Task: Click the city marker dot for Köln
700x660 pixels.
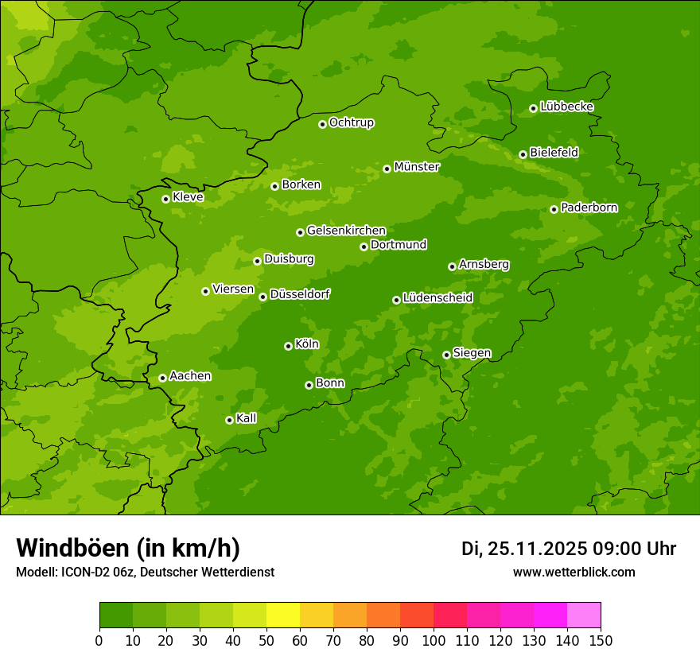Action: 288,346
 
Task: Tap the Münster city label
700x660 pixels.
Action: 417,167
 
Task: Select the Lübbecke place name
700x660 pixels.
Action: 566,107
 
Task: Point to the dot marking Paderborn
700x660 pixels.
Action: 554,209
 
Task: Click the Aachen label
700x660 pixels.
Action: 190,376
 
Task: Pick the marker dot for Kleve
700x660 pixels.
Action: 165,199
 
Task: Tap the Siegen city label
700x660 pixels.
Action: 472,353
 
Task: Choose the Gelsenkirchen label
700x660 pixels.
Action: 346,231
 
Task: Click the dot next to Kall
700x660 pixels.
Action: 229,420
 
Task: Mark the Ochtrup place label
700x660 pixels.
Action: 351,122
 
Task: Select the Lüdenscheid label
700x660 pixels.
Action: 437,298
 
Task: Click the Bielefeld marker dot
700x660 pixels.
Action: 523,154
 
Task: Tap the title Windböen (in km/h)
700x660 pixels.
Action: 128,548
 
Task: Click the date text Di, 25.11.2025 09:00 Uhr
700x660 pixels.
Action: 569,549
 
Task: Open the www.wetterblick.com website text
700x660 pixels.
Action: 574,573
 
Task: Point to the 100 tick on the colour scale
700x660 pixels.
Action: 434,641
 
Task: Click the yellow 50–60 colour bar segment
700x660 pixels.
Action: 283,615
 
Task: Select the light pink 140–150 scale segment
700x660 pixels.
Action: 584,615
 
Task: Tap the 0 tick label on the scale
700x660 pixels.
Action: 99,641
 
